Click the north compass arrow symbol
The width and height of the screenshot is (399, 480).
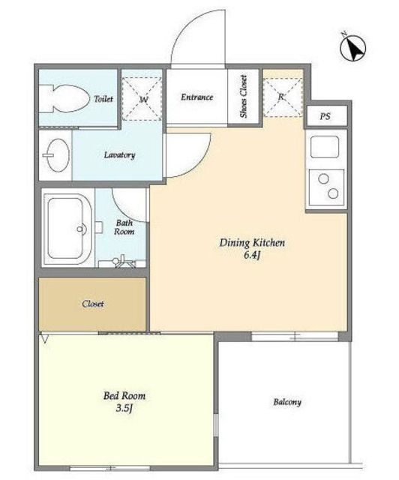tap(353, 48)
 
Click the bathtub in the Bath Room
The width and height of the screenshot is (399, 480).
tap(67, 229)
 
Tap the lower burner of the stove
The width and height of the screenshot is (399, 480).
tap(333, 193)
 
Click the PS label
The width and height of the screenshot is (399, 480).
tap(325, 116)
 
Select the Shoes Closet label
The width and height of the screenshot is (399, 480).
tap(244, 97)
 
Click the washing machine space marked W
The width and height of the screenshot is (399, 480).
tap(142, 98)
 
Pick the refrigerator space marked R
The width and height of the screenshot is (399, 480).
tap(283, 97)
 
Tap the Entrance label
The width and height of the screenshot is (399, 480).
tap(196, 97)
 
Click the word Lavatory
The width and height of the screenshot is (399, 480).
tap(119, 155)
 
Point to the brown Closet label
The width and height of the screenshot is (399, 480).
tap(93, 304)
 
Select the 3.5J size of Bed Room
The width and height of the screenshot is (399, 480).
tap(124, 408)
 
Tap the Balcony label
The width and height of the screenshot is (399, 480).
tap(287, 402)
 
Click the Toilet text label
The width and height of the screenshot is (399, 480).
tap(103, 99)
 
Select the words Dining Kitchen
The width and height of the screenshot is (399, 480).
tap(252, 243)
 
